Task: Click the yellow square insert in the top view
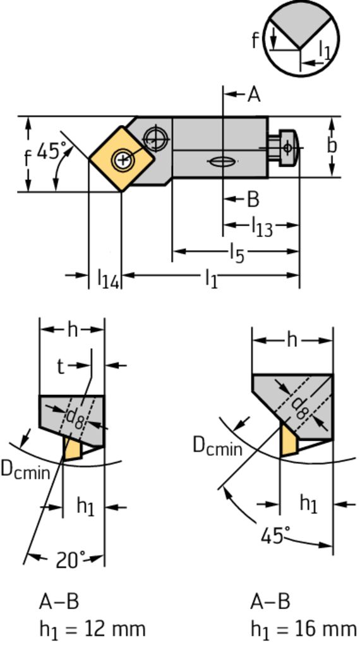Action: [122, 159]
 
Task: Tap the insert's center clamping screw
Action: [122, 159]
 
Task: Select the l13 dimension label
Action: [262, 227]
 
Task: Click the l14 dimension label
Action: [108, 278]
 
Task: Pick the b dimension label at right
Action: [332, 146]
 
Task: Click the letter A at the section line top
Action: [254, 95]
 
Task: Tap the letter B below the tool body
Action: [253, 200]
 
